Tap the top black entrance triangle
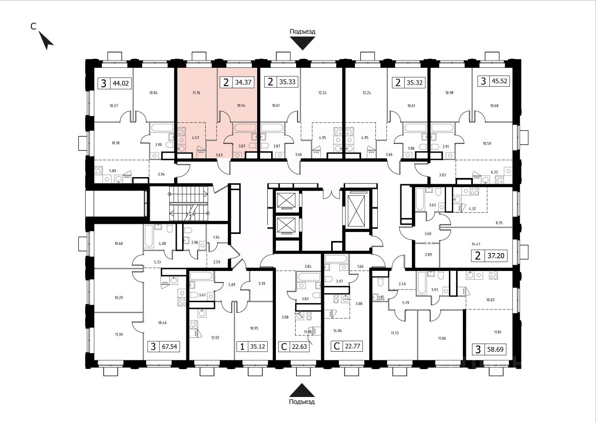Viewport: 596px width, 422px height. [x=302, y=44]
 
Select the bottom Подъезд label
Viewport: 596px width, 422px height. [x=302, y=401]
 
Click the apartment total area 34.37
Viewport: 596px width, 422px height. [x=243, y=82]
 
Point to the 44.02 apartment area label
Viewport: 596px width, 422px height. [x=120, y=83]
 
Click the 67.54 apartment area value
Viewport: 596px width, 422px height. [x=169, y=346]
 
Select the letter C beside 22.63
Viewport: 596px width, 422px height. [x=283, y=346]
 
